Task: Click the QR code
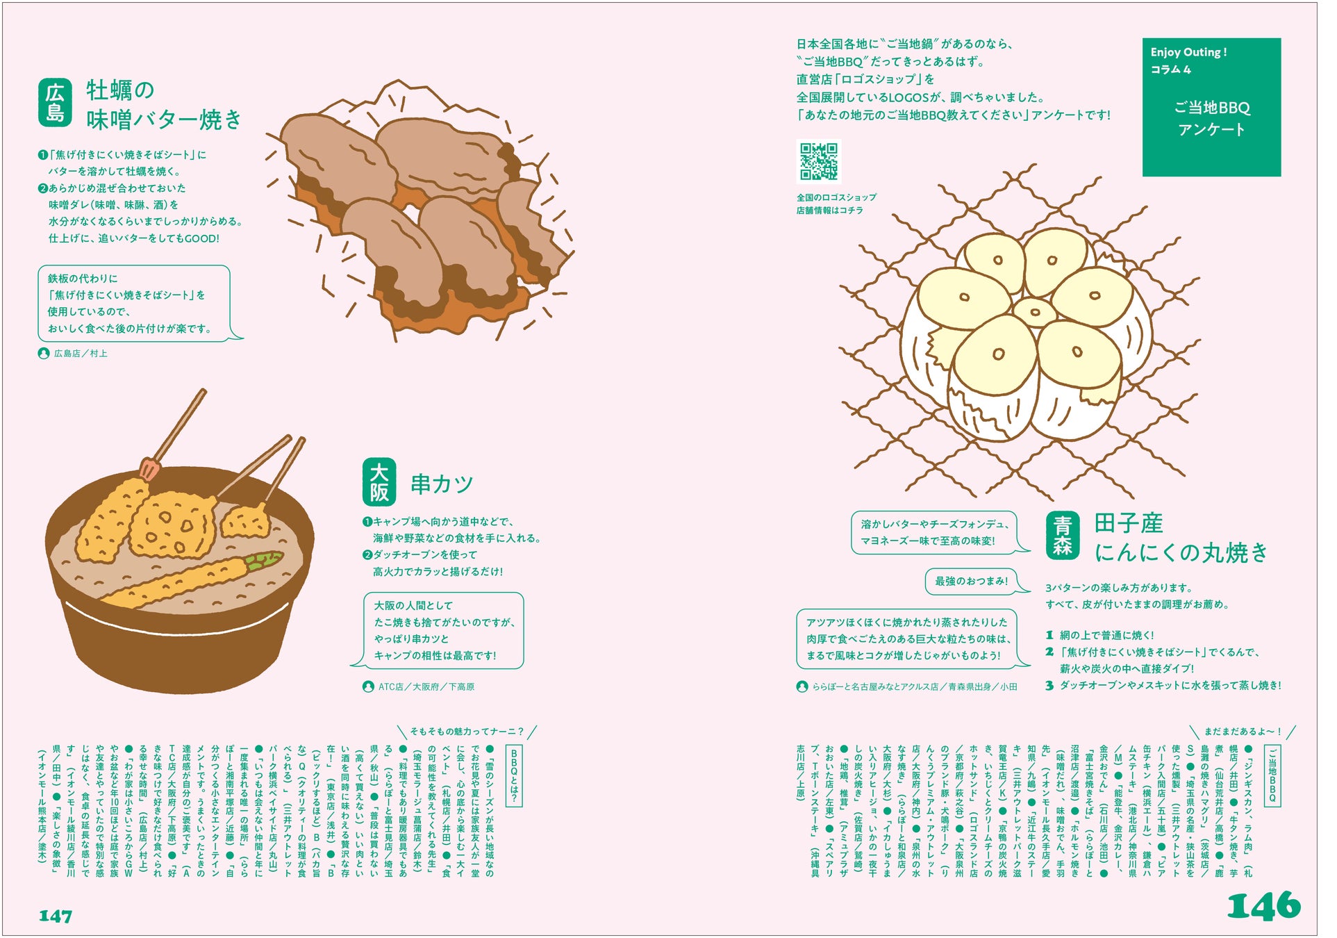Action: click(x=818, y=162)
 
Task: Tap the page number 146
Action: click(x=1263, y=905)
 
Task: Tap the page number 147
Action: click(x=56, y=916)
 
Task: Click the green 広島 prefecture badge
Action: click(x=55, y=103)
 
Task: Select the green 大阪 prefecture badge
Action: click(x=379, y=482)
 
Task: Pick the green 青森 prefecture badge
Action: click(x=1063, y=535)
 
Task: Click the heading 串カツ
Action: click(x=442, y=484)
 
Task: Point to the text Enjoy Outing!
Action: click(x=1189, y=52)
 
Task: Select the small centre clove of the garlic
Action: click(x=1034, y=311)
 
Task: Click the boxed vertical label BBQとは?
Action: click(x=514, y=776)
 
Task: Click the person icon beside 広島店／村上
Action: click(x=43, y=354)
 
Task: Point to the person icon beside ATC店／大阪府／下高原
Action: click(x=368, y=686)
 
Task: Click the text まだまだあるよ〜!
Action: click(x=1243, y=732)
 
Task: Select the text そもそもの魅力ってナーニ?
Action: click(x=467, y=732)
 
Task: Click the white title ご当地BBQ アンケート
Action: click(x=1212, y=118)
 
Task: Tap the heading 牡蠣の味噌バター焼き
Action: click(x=164, y=105)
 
